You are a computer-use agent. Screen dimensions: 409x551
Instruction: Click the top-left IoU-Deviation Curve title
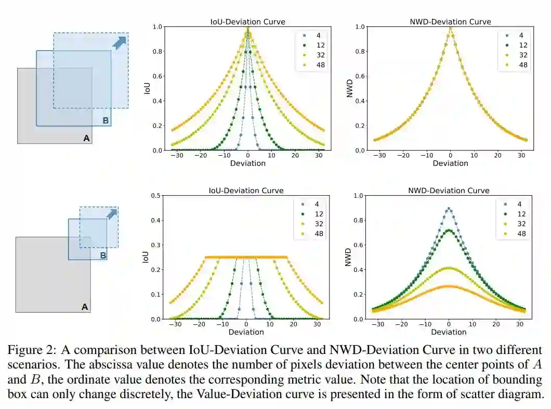[x=247, y=22]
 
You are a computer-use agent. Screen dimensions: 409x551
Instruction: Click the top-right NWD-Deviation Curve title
[x=450, y=22]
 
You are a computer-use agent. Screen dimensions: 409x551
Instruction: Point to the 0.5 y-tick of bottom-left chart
[x=155, y=196]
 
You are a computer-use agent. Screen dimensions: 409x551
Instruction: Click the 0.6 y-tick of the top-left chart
[x=155, y=76]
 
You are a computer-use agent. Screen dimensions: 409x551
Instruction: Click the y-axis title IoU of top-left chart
[x=146, y=88]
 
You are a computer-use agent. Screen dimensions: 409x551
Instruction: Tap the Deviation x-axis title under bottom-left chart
[x=246, y=332]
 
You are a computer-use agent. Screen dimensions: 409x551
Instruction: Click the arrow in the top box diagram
[x=120, y=42]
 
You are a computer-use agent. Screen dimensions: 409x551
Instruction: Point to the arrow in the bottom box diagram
[x=111, y=213]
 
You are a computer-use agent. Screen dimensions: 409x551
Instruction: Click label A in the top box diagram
[x=86, y=138]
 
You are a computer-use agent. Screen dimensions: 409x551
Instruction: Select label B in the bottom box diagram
[x=103, y=255]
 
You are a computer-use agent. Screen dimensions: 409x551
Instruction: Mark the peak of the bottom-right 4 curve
[x=448, y=209]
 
